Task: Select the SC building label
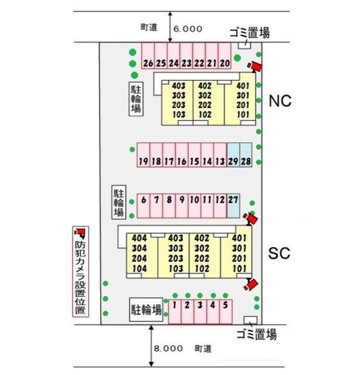pyautogui.click(x=279, y=254)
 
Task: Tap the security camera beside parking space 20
pyautogui.click(x=255, y=66)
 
